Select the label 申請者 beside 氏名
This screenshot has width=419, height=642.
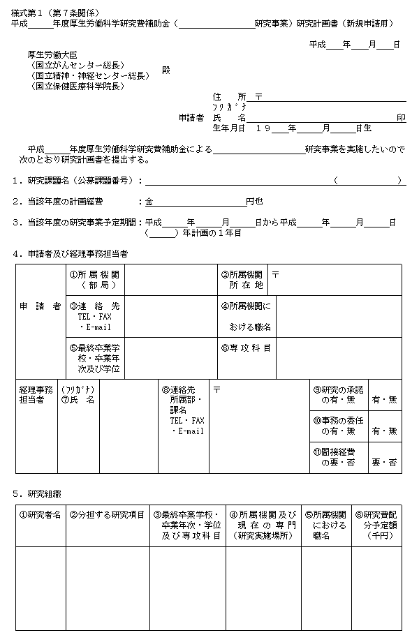tap(191, 118)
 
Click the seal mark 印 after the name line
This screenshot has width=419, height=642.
tap(401, 118)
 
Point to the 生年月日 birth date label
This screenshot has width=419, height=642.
tap(229, 128)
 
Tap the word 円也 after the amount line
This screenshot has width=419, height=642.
tap(254, 202)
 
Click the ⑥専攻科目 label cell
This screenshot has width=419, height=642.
tap(245, 348)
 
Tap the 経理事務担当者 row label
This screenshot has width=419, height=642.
tap(36, 396)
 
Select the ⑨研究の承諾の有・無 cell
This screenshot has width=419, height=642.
tap(338, 396)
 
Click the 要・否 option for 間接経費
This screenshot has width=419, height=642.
tap(385, 462)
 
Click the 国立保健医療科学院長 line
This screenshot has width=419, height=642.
tap(77, 86)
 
